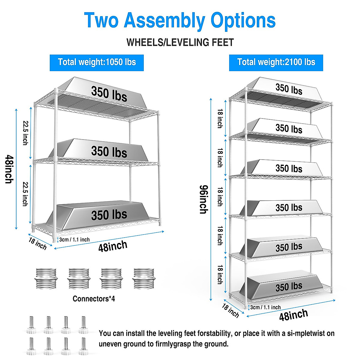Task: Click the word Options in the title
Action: click(x=243, y=20)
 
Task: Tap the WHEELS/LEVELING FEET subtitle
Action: click(x=180, y=43)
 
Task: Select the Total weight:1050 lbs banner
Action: click(x=97, y=62)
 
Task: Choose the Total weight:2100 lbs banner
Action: click(x=276, y=62)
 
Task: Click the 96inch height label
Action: click(x=204, y=199)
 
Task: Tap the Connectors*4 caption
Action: click(x=94, y=299)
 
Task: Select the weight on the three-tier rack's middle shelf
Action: click(x=109, y=151)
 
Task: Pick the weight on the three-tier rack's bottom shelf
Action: click(x=109, y=215)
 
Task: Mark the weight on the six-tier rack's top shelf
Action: click(x=289, y=89)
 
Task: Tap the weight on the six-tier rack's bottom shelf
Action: click(x=289, y=287)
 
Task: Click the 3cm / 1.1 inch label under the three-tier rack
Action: click(x=74, y=240)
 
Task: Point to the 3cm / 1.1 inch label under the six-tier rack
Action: click(x=265, y=307)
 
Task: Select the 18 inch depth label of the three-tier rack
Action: click(x=38, y=244)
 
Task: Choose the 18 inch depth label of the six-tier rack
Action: click(x=230, y=310)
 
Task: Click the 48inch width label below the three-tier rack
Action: click(x=113, y=246)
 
